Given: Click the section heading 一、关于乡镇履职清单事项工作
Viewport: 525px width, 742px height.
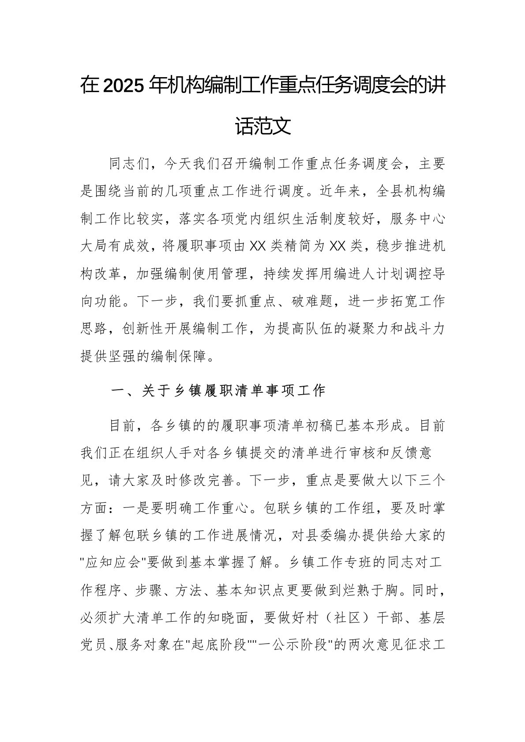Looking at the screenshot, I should [x=217, y=390].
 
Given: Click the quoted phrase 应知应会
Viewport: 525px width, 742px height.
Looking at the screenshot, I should [x=113, y=563].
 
